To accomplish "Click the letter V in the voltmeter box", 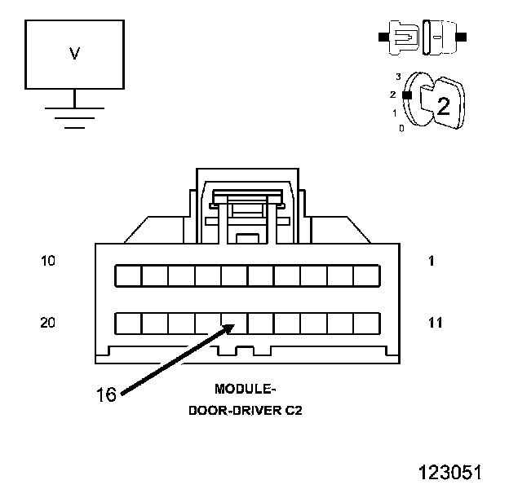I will point(74,54).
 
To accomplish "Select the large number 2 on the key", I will point(443,105).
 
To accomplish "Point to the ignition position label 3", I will point(398,76).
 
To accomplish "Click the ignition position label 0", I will point(401,128).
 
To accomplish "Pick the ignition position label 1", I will point(395,112).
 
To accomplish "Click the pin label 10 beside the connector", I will point(47,261).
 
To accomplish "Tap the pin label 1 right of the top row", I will point(432,261).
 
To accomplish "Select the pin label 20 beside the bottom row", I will point(47,323).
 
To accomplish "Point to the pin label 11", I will point(435,323).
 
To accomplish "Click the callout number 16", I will point(106,395).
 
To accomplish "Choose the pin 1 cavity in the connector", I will point(367,275).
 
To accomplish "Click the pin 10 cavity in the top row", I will point(127,275).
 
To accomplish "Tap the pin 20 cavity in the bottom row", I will point(127,324).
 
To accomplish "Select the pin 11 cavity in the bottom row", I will point(367,324).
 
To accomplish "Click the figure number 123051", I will point(449,472).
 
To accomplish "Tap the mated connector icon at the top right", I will point(422,37).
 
